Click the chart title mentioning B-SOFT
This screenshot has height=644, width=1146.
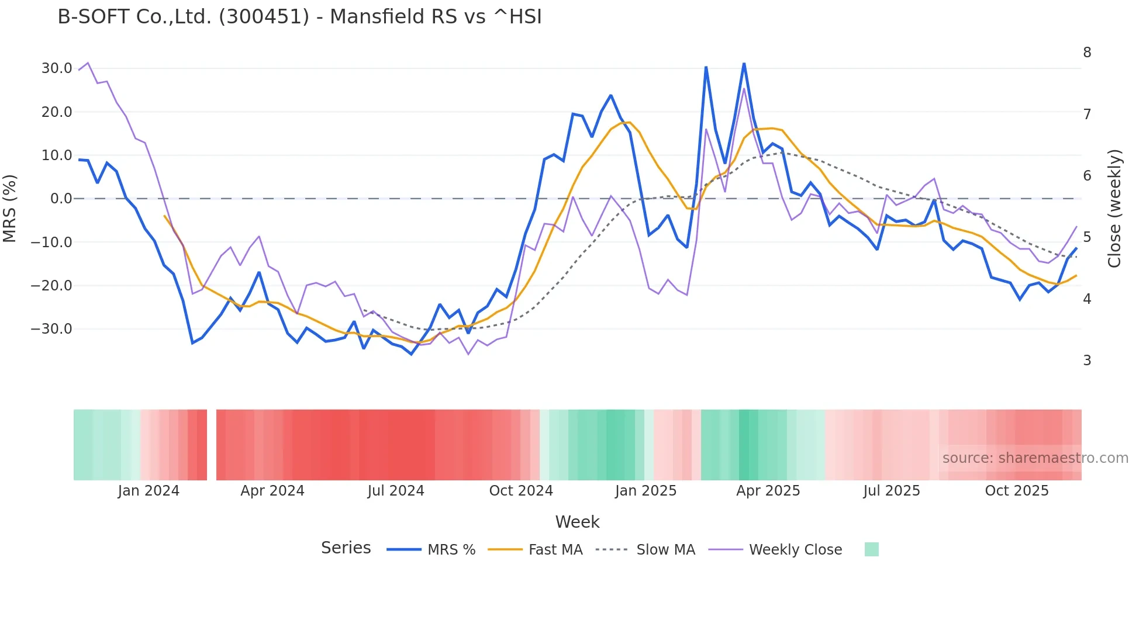click(x=299, y=16)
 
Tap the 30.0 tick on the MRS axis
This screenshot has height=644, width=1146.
click(x=57, y=68)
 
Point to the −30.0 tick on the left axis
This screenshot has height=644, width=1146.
click(x=51, y=329)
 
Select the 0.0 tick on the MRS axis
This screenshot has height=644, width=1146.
click(x=61, y=199)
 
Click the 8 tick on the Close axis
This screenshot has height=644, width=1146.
click(x=1087, y=53)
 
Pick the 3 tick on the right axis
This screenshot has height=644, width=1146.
click(x=1087, y=361)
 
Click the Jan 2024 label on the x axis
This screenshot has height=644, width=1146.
click(x=149, y=491)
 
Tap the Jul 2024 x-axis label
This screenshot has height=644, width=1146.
click(x=396, y=491)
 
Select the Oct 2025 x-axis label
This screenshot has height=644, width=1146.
click(x=1017, y=491)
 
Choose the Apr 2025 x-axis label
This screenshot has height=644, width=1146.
click(x=768, y=491)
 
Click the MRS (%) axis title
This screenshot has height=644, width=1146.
click(x=10, y=208)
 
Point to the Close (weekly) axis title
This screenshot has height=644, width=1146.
click(x=1115, y=208)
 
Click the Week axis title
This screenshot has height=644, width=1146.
click(x=577, y=522)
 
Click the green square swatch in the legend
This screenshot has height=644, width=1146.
click(x=871, y=549)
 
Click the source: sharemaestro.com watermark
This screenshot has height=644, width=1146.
click(x=1035, y=458)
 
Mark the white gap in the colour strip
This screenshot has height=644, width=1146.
click(x=212, y=445)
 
